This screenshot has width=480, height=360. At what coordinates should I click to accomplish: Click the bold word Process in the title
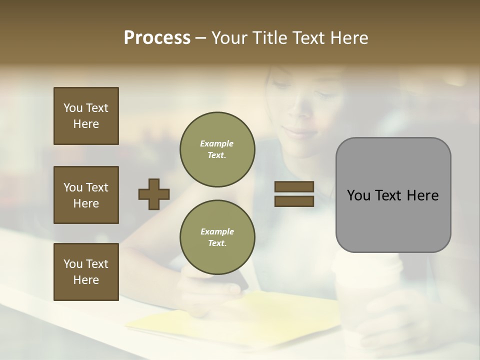[x=157, y=38]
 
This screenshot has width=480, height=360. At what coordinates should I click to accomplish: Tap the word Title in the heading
[x=270, y=38]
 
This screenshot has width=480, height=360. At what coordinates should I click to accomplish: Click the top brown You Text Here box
[x=86, y=116]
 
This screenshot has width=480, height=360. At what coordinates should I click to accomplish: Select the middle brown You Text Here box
[x=86, y=195]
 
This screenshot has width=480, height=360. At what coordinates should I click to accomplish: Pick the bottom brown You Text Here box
[x=86, y=272]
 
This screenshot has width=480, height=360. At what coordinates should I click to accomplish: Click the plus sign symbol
[x=154, y=194]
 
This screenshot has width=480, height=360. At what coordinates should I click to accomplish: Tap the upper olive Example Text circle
[x=217, y=149]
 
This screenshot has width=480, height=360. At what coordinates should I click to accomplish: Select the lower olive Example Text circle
[x=217, y=237]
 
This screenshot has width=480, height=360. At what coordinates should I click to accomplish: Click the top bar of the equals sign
[x=294, y=186]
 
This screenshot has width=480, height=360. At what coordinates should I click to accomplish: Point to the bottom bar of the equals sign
[x=294, y=201]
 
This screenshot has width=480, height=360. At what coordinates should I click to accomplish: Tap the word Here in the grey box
[x=423, y=195]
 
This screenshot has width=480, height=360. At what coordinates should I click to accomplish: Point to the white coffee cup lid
[x=366, y=267]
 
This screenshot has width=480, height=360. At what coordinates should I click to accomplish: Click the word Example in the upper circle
[x=217, y=144]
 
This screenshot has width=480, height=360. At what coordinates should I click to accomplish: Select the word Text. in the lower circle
[x=217, y=243]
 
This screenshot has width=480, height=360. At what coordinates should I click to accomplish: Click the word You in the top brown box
[x=72, y=108]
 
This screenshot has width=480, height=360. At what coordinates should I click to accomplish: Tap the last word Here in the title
[x=347, y=38]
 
